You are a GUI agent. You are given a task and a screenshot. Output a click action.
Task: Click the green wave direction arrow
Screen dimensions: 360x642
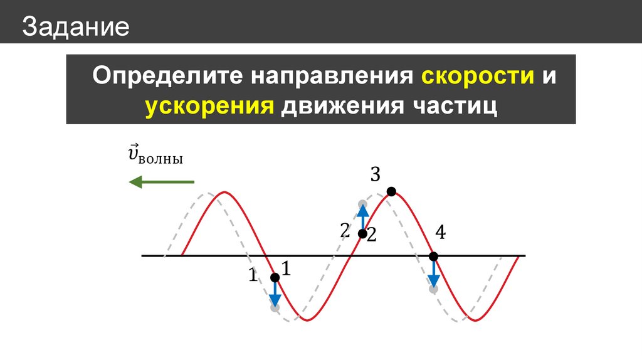[161, 182]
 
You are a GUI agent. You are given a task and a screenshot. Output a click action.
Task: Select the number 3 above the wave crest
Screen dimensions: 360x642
[375, 174]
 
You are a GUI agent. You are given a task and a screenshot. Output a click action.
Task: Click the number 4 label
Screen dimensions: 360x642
[440, 233]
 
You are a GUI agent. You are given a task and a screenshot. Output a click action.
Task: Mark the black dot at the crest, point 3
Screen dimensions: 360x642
[391, 191]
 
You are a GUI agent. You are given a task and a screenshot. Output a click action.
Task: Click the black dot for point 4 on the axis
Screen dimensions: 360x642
[433, 257]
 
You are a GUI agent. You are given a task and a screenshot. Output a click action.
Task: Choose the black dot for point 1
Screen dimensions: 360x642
[275, 278]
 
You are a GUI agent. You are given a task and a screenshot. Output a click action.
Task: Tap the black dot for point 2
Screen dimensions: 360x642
[362, 234]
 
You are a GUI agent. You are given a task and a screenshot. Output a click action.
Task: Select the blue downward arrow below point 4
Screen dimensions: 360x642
[433, 273]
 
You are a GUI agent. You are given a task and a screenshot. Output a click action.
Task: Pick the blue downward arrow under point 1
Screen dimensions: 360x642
[275, 294]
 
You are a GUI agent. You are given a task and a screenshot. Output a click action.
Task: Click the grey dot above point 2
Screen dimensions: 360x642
[362, 204]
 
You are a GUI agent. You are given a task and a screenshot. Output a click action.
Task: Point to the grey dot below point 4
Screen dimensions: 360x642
[433, 289]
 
